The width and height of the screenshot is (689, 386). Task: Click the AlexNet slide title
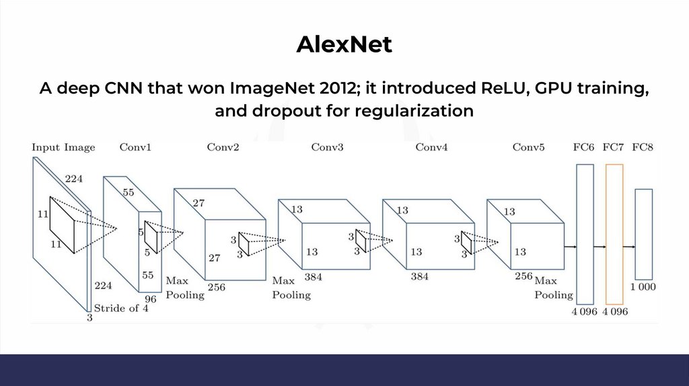(344, 44)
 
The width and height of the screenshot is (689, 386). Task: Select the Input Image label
(63, 147)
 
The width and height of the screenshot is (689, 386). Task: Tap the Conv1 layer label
(135, 147)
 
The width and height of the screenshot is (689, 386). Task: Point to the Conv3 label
(327, 147)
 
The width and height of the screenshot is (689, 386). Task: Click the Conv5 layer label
(528, 147)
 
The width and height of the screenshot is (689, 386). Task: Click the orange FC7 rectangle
(614, 233)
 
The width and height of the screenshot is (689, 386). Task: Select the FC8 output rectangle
(644, 233)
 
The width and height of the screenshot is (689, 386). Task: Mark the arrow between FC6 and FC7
(600, 247)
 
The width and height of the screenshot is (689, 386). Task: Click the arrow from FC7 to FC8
(629, 247)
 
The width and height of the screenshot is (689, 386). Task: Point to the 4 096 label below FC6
(585, 311)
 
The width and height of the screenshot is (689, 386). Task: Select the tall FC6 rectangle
(585, 233)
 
